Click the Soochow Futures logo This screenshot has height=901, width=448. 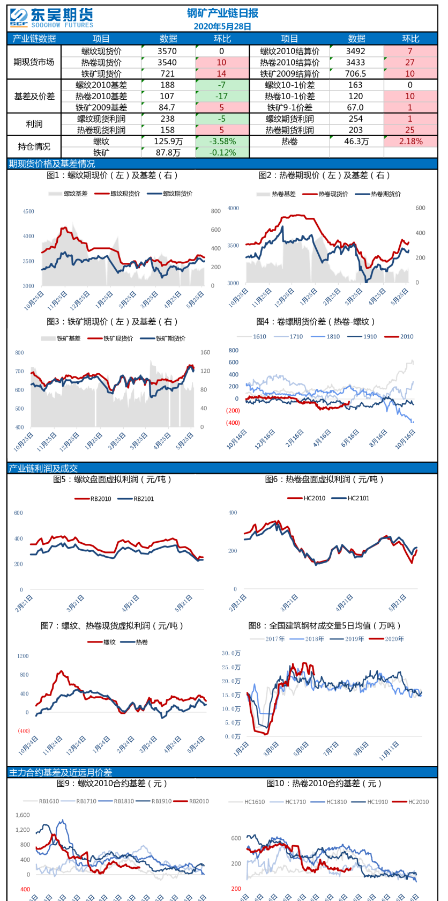[x=51, y=17]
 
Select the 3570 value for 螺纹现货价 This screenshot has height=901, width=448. [x=167, y=51]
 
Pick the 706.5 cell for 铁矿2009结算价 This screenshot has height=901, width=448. [x=356, y=73]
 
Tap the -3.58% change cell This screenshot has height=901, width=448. [x=222, y=141]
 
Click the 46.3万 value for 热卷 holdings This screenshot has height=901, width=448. [x=356, y=141]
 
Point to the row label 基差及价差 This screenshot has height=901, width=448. [x=34, y=96]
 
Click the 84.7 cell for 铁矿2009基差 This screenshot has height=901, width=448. [x=167, y=107]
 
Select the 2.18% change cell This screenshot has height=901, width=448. [x=410, y=141]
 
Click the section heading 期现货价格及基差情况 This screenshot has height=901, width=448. [x=52, y=164]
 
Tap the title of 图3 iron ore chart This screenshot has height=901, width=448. [x=112, y=321]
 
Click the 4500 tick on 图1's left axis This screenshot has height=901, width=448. [x=28, y=211]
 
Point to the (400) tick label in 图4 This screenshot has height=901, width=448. [x=233, y=423]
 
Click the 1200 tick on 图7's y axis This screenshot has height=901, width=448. [x=23, y=656]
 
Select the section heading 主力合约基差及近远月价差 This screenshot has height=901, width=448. [x=61, y=772]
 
